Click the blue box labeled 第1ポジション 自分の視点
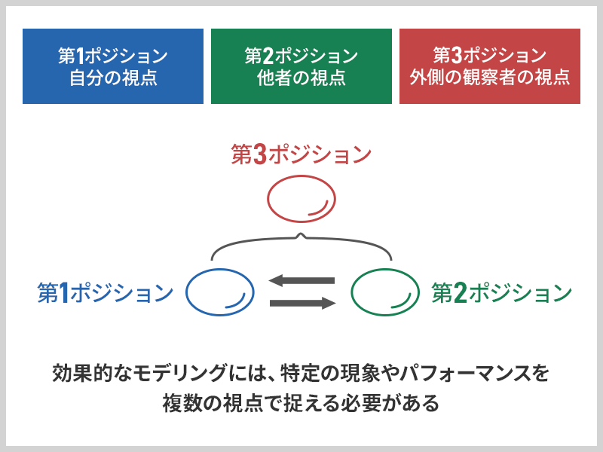pos(113,66)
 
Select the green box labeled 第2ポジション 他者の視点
pos(301,66)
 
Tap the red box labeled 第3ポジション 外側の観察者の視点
pos(490,66)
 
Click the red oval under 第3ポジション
pos(268,199)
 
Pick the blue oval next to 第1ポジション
pos(186,292)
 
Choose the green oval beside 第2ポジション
pos(351,292)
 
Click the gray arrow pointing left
pos(302,280)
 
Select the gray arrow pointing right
pos(303,304)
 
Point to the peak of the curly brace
pos(301,234)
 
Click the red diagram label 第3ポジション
pos(301,154)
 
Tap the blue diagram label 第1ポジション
pos(105,292)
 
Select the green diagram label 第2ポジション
pos(502,292)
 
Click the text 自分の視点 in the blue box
pos(113,78)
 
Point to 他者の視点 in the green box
pos(301,78)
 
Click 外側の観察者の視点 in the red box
pos(489,78)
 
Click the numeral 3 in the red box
pos(457,55)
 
